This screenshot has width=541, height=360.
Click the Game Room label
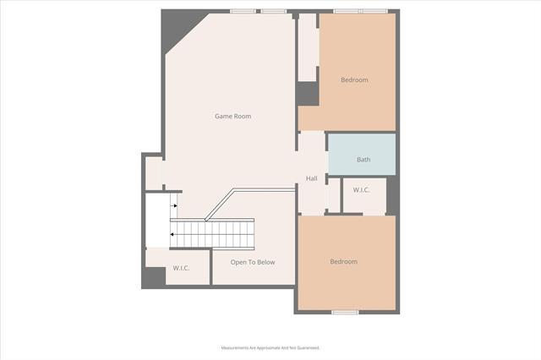click(x=232, y=116)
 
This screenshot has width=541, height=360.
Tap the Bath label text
click(x=363, y=160)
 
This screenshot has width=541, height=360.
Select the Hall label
click(x=311, y=178)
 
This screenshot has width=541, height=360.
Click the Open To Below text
click(x=253, y=262)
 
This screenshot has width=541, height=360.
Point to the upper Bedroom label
click(x=354, y=80)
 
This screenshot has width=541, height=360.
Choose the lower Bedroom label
click(x=343, y=262)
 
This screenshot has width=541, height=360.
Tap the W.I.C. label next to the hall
click(x=362, y=190)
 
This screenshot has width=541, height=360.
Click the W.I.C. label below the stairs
click(x=181, y=268)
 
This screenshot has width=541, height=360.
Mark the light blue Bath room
click(x=362, y=154)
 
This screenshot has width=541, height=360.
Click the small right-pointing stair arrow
click(x=175, y=205)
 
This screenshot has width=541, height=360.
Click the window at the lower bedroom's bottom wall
click(x=345, y=312)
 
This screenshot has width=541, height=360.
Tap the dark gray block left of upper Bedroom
click(x=307, y=94)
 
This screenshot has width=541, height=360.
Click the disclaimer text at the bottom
click(x=270, y=347)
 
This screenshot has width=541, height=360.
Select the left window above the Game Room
click(x=244, y=11)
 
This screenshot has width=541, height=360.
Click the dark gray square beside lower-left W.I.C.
click(x=154, y=277)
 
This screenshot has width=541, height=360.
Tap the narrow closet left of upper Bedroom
click(x=307, y=46)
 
